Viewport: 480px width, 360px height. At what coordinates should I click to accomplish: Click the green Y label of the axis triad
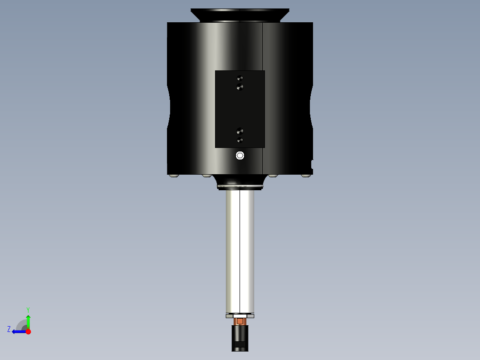pyautogui.click(x=28, y=309)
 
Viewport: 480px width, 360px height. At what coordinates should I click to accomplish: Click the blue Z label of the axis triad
pyautogui.click(x=9, y=329)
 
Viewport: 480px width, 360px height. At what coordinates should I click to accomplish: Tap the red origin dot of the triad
pyautogui.click(x=28, y=331)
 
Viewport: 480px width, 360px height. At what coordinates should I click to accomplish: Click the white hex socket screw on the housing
pyautogui.click(x=240, y=155)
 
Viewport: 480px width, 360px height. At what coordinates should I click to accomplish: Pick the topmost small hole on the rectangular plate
pyautogui.click(x=240, y=78)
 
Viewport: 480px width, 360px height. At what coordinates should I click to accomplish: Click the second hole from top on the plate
pyautogui.click(x=240, y=87)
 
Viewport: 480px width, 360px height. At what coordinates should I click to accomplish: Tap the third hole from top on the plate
pyautogui.click(x=240, y=131)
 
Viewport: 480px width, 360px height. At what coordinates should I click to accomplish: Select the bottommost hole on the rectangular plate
pyautogui.click(x=240, y=140)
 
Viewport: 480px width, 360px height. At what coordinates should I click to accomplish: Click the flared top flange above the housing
pyautogui.click(x=240, y=15)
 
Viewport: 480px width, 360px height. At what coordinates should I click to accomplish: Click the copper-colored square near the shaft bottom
pyautogui.click(x=240, y=321)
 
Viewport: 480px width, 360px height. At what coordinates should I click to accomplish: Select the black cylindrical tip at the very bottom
pyautogui.click(x=240, y=339)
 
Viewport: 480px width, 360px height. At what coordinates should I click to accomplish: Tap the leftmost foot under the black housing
pyautogui.click(x=174, y=176)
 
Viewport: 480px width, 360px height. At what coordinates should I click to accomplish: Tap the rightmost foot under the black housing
pyautogui.click(x=305, y=176)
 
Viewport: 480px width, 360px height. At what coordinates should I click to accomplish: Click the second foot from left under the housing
pyautogui.click(x=207, y=176)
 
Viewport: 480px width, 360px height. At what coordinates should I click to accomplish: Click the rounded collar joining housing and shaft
pyautogui.click(x=240, y=182)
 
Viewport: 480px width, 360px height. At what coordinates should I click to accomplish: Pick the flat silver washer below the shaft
pyautogui.click(x=240, y=316)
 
